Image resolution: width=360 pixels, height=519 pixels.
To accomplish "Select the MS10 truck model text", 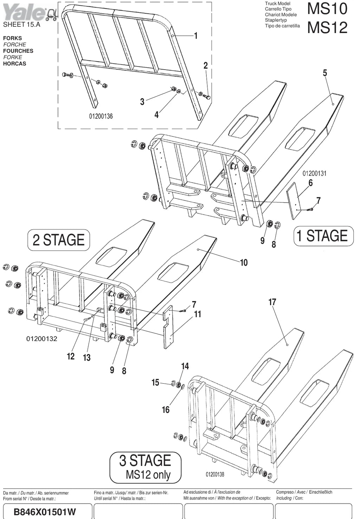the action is tap(327, 8).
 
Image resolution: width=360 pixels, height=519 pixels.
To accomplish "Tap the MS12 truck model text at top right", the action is tap(327, 27).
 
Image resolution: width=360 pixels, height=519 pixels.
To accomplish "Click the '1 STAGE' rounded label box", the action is tap(323, 236).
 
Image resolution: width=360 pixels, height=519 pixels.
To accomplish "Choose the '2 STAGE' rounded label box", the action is tap(59, 240).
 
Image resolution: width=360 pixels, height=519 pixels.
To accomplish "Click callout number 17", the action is tap(272, 302).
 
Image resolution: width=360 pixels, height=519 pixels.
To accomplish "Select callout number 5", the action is tap(325, 73).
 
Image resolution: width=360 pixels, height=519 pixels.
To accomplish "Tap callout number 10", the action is tap(244, 263).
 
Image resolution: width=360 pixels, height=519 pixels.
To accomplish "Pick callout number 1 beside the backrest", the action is tap(196, 36).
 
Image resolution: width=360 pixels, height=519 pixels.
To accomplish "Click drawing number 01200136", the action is tap(101, 116).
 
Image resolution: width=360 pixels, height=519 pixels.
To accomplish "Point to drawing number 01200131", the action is tap(314, 173).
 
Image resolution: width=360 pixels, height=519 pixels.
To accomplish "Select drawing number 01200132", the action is tap(42, 339).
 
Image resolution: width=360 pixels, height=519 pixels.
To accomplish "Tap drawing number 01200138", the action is tap(215, 474).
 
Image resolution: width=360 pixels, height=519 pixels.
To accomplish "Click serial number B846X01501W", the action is tap(45, 512).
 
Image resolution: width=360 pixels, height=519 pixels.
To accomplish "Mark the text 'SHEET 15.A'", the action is tap(21, 25).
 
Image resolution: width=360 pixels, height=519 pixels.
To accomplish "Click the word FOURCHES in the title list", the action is tap(18, 51).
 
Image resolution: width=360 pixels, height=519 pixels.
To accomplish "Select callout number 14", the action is tap(185, 366).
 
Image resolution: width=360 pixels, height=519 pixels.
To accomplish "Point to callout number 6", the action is tap(310, 183).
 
